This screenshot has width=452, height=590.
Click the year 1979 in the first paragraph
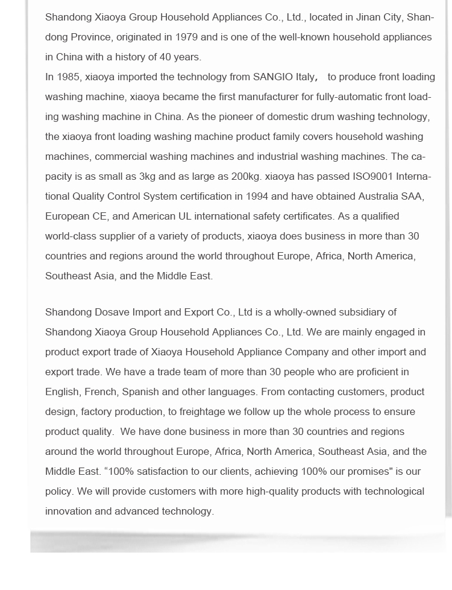[x=186, y=37]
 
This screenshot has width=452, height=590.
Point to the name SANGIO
[x=274, y=77]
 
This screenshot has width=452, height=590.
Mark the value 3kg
[x=148, y=176]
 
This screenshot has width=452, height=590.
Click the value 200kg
[x=246, y=176]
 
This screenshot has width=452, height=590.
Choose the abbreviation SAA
[x=412, y=196]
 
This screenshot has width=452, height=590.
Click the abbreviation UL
[x=185, y=216]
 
